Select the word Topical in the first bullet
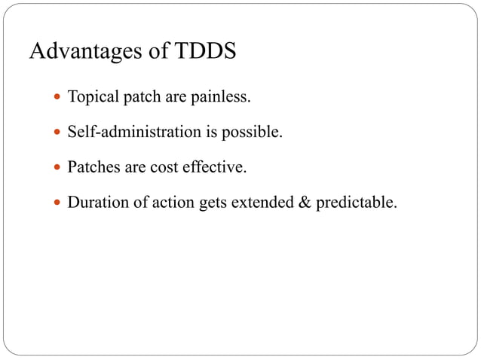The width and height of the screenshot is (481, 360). click(x=91, y=98)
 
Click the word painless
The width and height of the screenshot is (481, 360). click(x=223, y=98)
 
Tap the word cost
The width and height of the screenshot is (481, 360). click(x=163, y=167)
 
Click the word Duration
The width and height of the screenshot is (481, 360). click(x=96, y=202)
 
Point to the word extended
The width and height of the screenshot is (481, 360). click(x=259, y=202)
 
